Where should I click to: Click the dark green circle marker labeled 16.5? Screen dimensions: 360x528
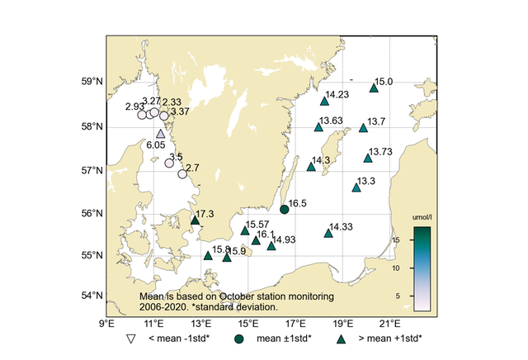(285, 210)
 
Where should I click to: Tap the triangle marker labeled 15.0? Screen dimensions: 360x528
(374, 88)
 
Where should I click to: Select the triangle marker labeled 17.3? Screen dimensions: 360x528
(196, 220)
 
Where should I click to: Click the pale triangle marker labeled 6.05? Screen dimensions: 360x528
(161, 134)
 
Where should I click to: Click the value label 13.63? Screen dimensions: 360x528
(332, 121)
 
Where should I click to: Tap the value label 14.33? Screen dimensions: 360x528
(342, 226)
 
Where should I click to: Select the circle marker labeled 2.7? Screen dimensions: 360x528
(182, 174)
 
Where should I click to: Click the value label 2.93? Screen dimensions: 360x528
(132, 107)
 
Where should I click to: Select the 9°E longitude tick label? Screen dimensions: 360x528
(106, 323)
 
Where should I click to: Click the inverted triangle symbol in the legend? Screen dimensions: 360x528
(130, 339)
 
